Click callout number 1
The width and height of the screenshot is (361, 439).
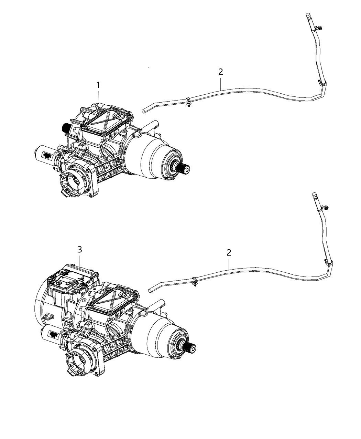pos(98,85)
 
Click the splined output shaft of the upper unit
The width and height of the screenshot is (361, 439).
pos(184,169)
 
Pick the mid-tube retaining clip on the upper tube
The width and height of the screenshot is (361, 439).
pos(189,101)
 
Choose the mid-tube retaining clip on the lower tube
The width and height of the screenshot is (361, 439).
pos(195,280)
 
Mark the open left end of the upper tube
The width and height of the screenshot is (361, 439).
pos(144,111)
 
